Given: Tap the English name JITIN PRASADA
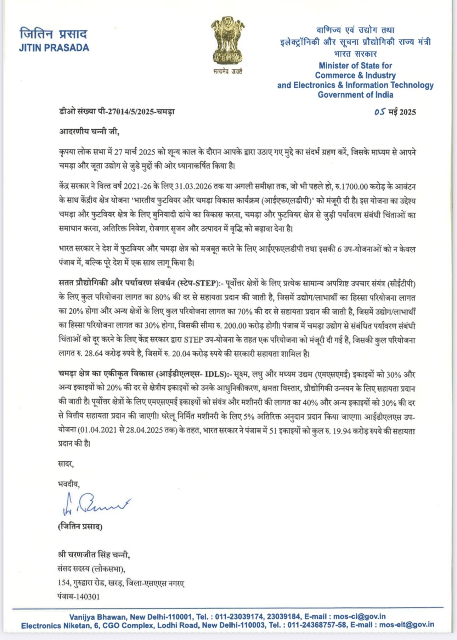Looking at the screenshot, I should pyautogui.click(x=54, y=48).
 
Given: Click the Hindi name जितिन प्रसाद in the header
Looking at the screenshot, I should pyautogui.click(x=53, y=34).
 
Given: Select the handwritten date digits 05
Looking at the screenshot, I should pyautogui.click(x=379, y=112).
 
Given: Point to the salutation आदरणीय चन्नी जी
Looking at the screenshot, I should pyautogui.click(x=89, y=131).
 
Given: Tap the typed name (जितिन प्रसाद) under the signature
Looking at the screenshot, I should pyautogui.click(x=80, y=527).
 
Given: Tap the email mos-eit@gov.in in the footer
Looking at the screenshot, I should pyautogui.click(x=406, y=625).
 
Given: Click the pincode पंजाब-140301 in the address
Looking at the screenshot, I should pyautogui.click(x=79, y=597).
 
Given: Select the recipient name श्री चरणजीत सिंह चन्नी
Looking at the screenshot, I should pyautogui.click(x=94, y=555).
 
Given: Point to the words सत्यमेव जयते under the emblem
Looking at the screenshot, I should pyautogui.click(x=228, y=72).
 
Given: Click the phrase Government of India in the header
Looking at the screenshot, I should pyautogui.click(x=355, y=95).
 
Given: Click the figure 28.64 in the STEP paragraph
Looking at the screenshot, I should pyautogui.click(x=94, y=353).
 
